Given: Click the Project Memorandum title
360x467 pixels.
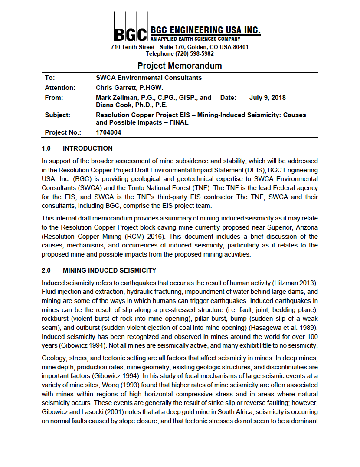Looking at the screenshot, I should pyautogui.click(x=180, y=66).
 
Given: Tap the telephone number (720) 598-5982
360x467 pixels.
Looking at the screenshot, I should pyautogui.click(x=195, y=54).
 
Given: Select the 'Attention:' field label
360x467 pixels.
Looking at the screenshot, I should pyautogui.click(x=60, y=88).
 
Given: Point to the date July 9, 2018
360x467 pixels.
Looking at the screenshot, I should pyautogui.click(x=268, y=98).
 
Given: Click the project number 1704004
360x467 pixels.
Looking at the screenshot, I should pyautogui.click(x=108, y=133).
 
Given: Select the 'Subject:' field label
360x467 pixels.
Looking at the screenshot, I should pyautogui.click(x=58, y=115).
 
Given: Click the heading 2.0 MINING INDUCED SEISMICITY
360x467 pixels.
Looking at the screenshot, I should pyautogui.click(x=99, y=270).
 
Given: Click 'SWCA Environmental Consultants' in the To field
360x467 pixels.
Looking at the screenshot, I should pyautogui.click(x=149, y=78).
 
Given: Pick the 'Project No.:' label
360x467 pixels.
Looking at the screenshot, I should pyautogui.click(x=63, y=133).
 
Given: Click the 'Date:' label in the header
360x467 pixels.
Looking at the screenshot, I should pyautogui.click(x=228, y=98).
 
